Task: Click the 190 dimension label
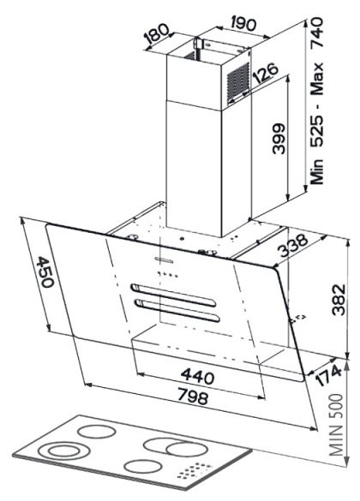point(243,24)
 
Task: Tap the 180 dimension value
point(156,34)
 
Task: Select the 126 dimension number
point(266,75)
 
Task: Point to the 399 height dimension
point(279,139)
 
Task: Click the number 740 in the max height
point(317,33)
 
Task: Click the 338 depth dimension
point(293,246)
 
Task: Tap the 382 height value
point(339,300)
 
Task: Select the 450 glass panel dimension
point(45,271)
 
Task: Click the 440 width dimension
point(197,376)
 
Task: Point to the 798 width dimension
point(193,396)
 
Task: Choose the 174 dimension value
point(328,376)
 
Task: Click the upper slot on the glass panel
point(173,295)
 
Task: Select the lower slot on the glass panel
point(177,310)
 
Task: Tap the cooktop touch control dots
point(194,471)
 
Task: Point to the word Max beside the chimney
point(317,79)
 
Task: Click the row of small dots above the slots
point(167,274)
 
